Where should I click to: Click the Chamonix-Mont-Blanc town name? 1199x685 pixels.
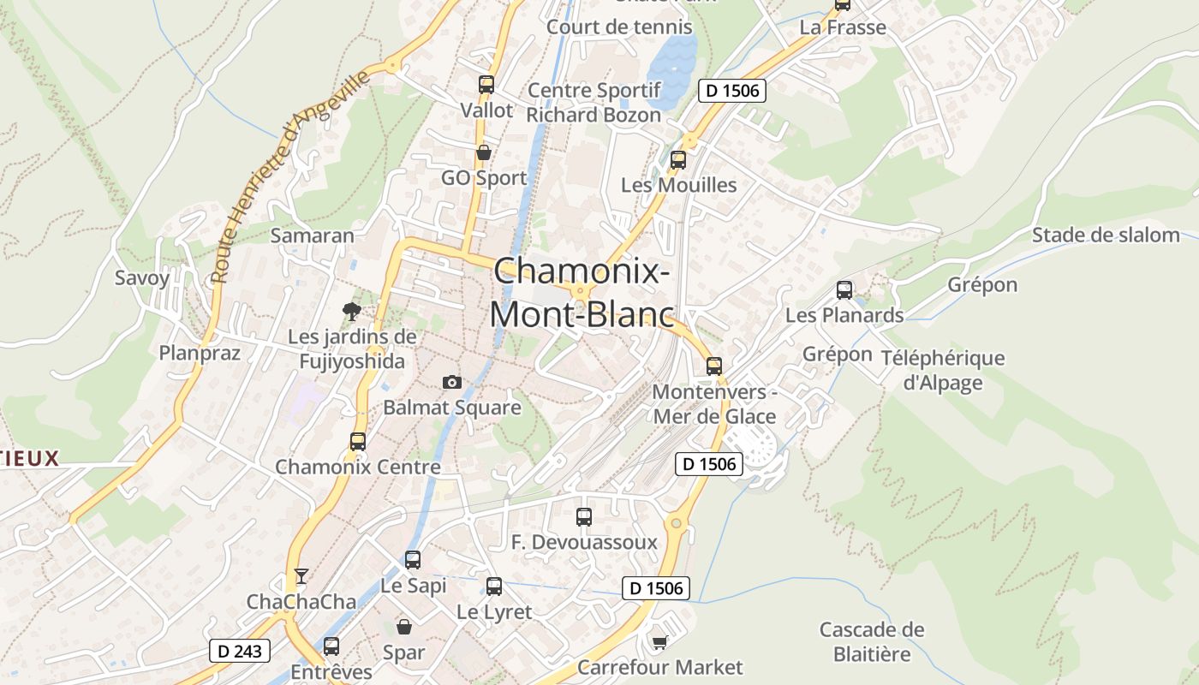click(582, 293)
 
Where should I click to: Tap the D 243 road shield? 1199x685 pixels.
click(240, 651)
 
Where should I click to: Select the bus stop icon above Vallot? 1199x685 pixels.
click(486, 85)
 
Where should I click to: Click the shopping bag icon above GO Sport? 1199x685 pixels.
click(484, 152)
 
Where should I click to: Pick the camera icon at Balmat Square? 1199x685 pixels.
click(451, 382)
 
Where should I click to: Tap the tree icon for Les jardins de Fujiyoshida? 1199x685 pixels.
click(351, 311)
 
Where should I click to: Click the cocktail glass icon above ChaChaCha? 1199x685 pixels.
click(301, 575)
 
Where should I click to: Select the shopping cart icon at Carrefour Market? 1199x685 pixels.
click(659, 642)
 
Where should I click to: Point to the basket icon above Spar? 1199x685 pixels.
click(403, 627)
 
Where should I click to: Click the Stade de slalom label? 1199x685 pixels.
click(1106, 235)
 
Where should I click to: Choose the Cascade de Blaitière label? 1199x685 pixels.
click(872, 642)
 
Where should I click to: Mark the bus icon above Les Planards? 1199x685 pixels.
click(844, 290)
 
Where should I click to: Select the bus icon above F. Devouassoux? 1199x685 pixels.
click(584, 517)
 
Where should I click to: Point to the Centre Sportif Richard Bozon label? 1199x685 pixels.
click(594, 103)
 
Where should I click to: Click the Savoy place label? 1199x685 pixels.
click(142, 277)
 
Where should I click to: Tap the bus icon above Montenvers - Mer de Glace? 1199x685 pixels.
click(714, 366)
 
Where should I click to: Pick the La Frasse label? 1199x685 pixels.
click(843, 27)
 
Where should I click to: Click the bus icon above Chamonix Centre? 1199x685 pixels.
click(358, 442)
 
